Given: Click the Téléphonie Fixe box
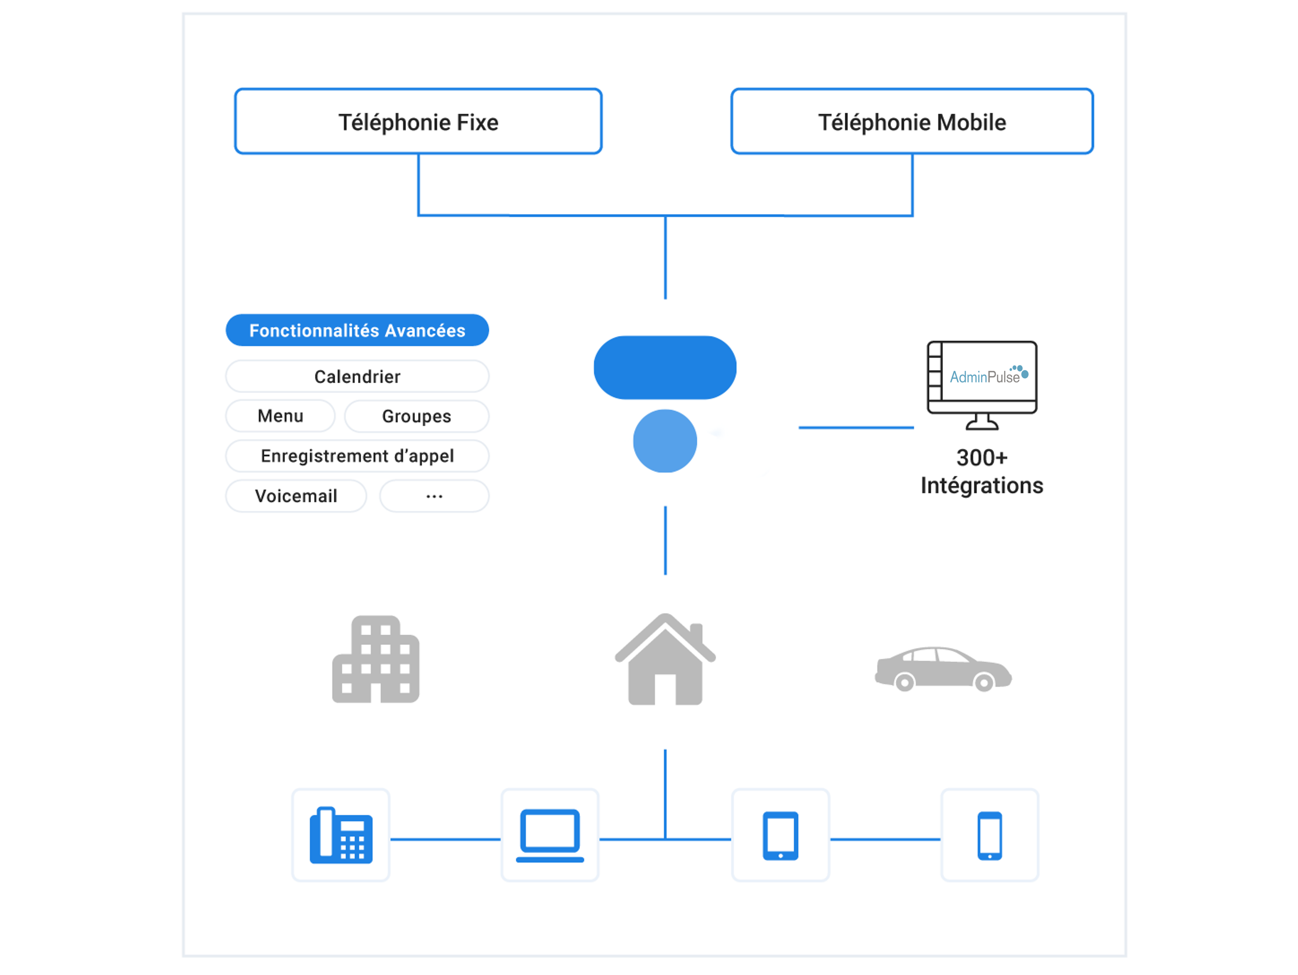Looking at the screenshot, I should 418,122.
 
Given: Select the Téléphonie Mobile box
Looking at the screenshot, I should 911,122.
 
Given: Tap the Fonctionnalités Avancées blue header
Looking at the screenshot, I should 357,330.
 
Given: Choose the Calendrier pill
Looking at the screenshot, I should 357,376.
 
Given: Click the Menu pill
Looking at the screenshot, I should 280,416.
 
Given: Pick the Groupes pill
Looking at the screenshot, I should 416,416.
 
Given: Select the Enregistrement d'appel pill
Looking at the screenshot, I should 357,456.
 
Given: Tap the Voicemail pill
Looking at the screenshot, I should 296,496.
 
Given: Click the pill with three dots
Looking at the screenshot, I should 434,496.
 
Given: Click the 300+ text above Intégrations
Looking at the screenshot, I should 981,458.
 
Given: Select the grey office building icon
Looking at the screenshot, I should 376,659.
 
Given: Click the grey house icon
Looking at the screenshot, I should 665,659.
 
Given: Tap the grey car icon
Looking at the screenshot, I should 943,669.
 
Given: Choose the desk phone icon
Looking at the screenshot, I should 340,835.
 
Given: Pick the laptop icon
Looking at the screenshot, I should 550,835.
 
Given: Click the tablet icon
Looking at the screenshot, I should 780,835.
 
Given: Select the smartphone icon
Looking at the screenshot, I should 989,835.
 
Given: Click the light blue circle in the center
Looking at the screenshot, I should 665,440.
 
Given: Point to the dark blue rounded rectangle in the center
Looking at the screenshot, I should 665,367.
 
